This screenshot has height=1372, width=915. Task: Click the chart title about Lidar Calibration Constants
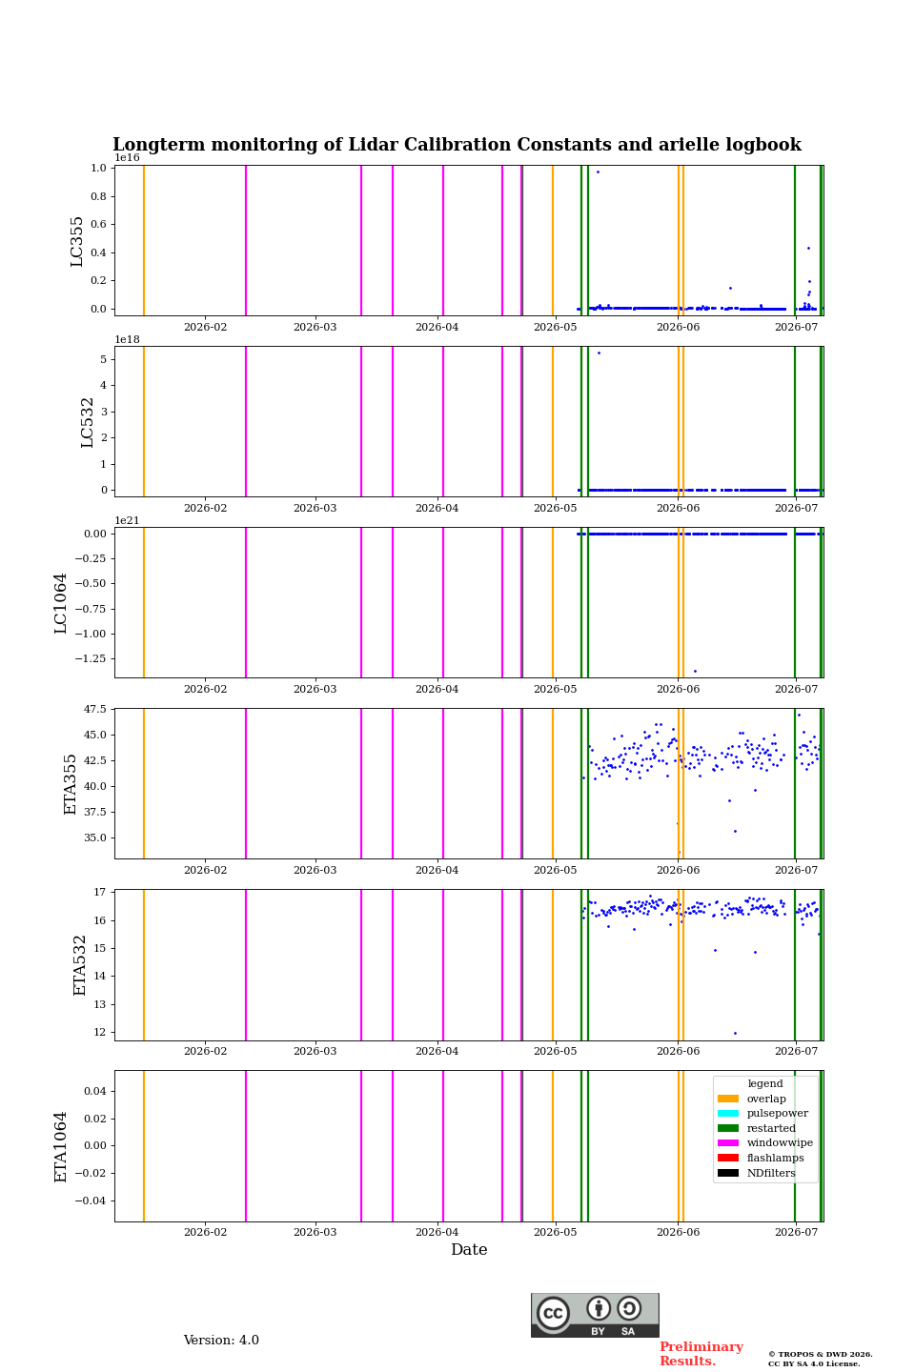(457, 145)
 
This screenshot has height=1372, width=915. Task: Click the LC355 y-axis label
(76, 241)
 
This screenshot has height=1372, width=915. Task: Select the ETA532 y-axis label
(80, 964)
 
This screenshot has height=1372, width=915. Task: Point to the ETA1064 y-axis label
(61, 1146)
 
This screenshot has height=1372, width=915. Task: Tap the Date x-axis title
(469, 1249)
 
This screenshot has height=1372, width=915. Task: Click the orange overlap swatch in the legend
(728, 1099)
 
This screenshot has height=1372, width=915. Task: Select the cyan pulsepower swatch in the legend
(728, 1113)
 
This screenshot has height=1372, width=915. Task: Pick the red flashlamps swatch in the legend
(728, 1158)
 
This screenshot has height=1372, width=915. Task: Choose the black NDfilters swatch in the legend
(728, 1173)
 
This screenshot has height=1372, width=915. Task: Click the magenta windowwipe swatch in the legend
(728, 1143)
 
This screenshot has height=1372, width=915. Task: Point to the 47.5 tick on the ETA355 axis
(95, 709)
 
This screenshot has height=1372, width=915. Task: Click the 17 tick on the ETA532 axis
(100, 892)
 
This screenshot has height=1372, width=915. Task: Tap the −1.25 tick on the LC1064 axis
(91, 658)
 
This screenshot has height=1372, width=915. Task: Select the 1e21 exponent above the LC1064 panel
(128, 520)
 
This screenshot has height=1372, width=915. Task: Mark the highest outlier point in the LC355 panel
(599, 172)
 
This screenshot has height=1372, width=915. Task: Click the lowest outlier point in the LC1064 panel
(695, 672)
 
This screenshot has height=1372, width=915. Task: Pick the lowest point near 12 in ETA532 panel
(736, 1033)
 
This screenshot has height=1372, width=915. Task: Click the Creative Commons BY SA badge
(595, 1315)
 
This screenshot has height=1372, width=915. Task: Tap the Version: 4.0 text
(221, 1341)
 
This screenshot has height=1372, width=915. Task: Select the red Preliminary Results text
(701, 1354)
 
